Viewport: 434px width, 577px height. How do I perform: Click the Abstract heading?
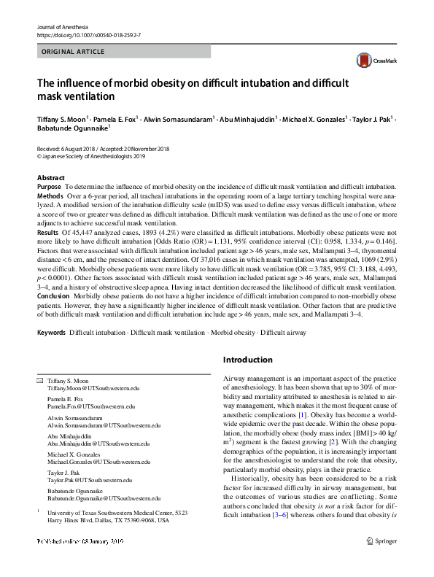[50, 178]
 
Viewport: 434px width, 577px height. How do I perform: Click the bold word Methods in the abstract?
[50, 197]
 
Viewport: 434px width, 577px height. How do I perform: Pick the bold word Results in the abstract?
[49, 229]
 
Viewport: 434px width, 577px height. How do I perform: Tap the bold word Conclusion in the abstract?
[55, 296]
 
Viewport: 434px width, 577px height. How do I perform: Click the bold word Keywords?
[51, 333]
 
